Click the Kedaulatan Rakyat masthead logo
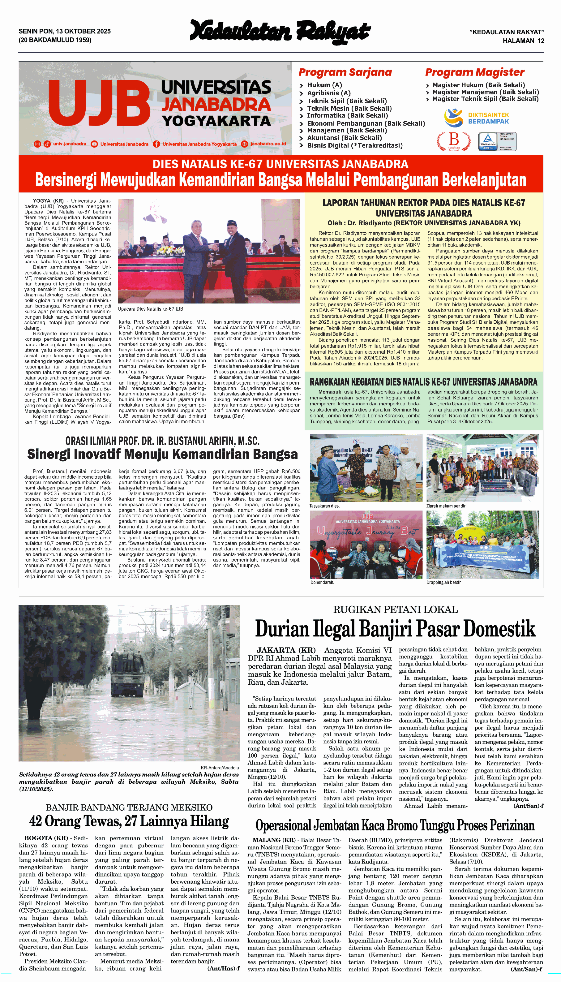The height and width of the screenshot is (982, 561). tap(280, 32)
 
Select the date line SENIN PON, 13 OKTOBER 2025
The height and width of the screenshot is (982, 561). tap(65, 31)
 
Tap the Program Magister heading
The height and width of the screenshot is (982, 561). tap(474, 72)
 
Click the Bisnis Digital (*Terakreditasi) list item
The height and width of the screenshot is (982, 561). tap(354, 145)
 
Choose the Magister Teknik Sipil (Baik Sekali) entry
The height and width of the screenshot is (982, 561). tap(485, 99)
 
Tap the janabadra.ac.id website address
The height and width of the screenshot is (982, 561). tap(268, 144)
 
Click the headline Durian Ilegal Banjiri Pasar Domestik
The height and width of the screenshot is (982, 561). tap(395, 629)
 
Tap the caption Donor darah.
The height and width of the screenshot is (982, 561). tap(322, 582)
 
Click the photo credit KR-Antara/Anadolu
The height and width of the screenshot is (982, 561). tap(220, 767)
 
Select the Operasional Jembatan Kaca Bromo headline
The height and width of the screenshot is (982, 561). tap(395, 825)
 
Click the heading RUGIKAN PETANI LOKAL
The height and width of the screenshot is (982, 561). tap(395, 610)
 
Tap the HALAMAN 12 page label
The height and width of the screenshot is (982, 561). tap(523, 41)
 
